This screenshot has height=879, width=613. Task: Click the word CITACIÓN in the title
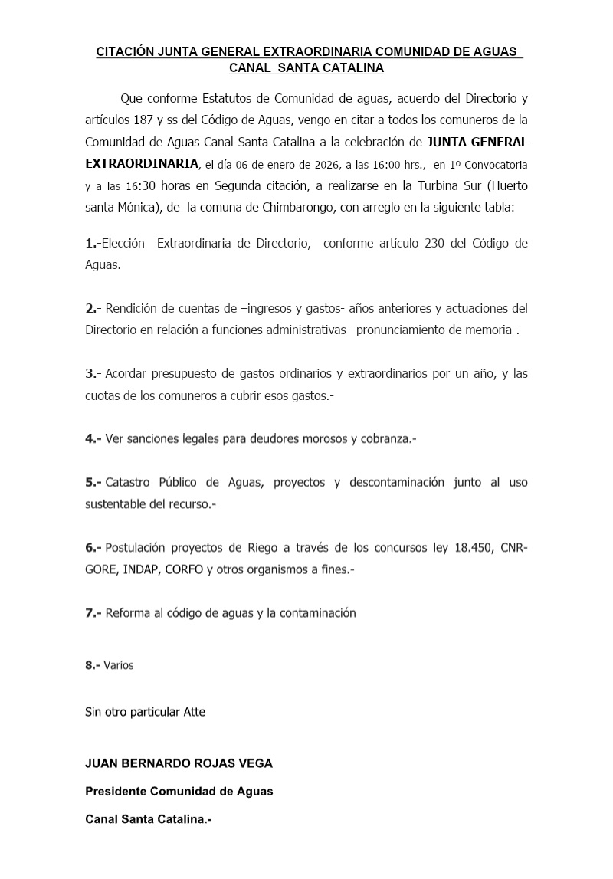[x=125, y=51]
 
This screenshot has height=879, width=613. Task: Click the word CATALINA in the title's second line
[x=353, y=67]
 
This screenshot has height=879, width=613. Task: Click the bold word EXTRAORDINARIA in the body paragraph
[x=141, y=163]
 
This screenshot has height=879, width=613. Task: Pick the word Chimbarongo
[x=290, y=207]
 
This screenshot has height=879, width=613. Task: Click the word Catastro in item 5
[x=128, y=482]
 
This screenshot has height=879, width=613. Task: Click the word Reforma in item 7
[x=127, y=613]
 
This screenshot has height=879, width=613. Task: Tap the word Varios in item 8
[x=119, y=665]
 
